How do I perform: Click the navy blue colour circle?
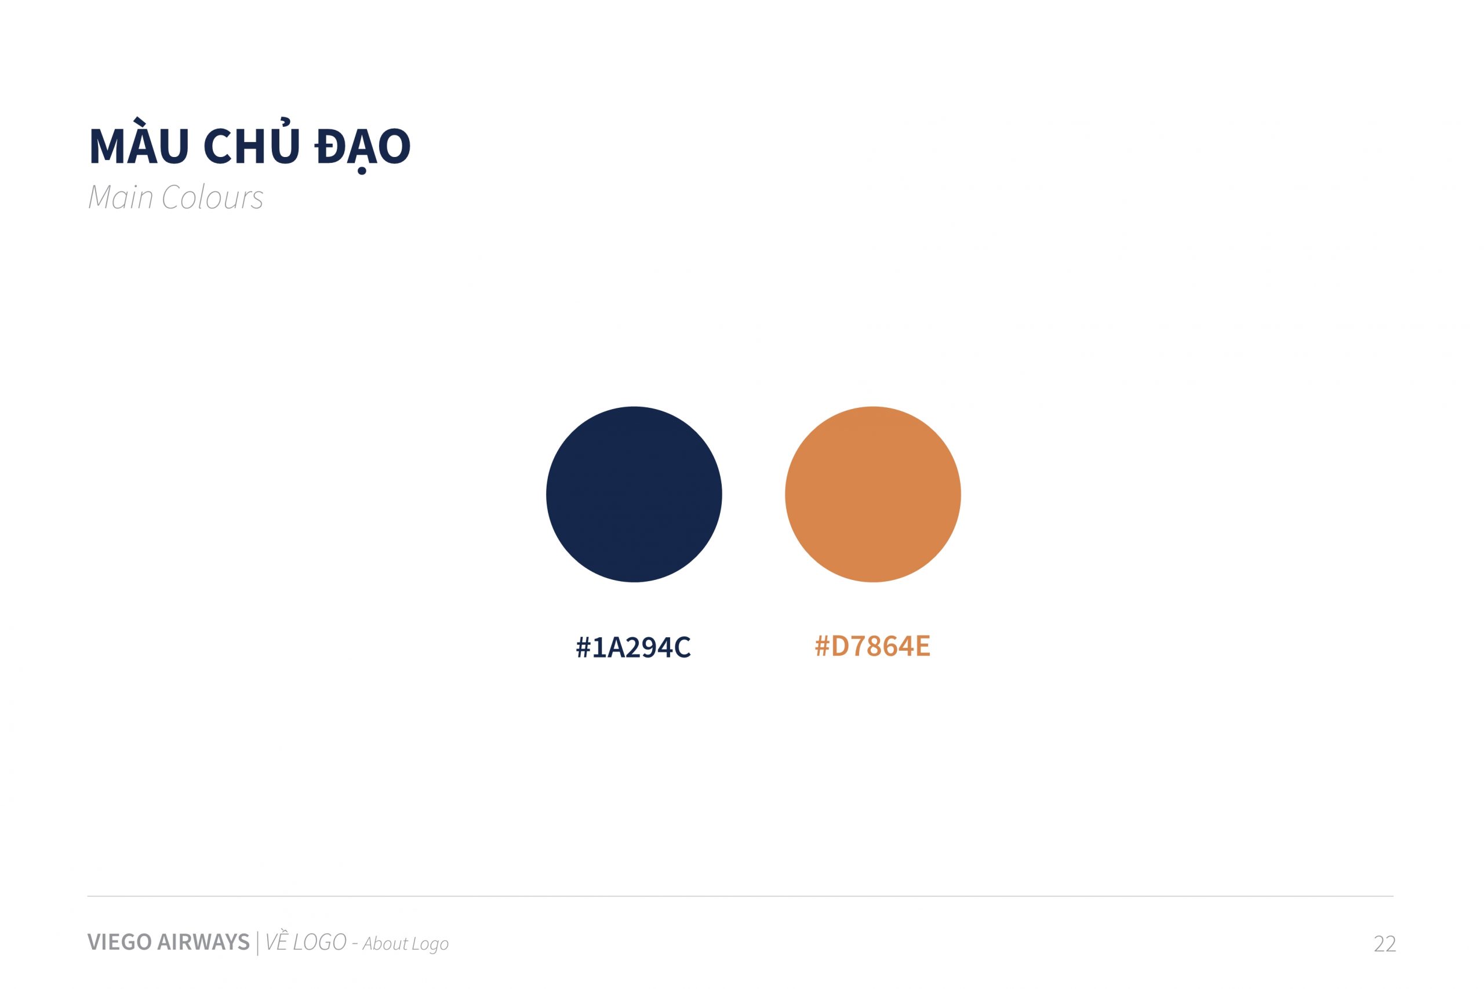tap(634, 495)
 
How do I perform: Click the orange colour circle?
tap(872, 495)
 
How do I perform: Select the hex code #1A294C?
tap(634, 647)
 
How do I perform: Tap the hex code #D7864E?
tap(872, 646)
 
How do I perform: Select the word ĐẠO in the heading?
tap(363, 147)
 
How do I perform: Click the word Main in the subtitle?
tap(121, 197)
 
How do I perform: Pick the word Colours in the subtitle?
tap(213, 197)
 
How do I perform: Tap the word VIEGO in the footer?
tap(119, 941)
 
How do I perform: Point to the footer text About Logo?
tap(406, 944)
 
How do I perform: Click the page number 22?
tap(1385, 944)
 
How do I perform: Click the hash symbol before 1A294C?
tap(583, 647)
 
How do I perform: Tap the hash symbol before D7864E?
tap(822, 646)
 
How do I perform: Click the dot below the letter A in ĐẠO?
tap(362, 170)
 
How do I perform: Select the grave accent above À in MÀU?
tap(140, 120)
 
